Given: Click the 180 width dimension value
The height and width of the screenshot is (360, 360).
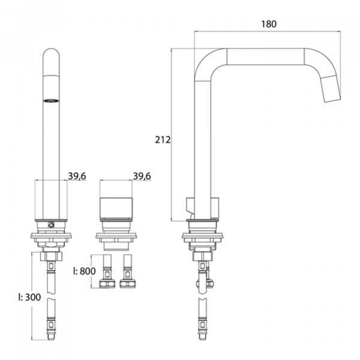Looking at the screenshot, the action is (269, 24).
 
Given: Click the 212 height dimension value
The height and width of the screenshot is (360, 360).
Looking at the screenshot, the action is (163, 140).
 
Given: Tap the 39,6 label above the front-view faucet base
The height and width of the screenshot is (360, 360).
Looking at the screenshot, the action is (77, 176).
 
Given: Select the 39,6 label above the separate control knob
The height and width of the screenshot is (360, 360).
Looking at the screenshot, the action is (142, 176).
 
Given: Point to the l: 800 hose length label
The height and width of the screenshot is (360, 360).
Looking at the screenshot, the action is (84, 271).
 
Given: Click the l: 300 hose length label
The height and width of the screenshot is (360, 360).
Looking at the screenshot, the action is (29, 297).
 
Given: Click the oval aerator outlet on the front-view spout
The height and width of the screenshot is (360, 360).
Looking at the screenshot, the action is (51, 101).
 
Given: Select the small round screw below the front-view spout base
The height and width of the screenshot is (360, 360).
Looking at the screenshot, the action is (51, 225).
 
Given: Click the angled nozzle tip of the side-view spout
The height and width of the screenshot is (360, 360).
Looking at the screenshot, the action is (331, 89).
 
